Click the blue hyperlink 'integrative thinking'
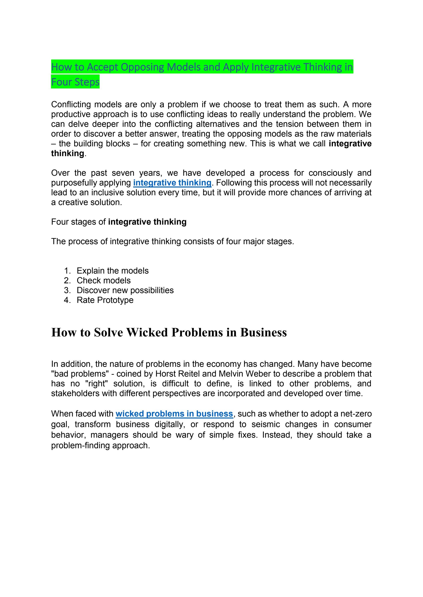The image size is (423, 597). pos(172,183)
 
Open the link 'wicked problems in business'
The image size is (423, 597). pos(174,414)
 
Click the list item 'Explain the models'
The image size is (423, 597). pos(113,271)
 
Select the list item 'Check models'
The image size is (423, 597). pos(103,281)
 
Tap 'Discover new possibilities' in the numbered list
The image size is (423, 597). pos(125,290)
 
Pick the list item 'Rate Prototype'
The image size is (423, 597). pos(105,300)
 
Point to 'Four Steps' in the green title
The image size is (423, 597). pos(75,82)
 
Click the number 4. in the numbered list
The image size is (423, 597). pos(67,300)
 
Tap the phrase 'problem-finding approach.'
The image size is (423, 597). pos(101,445)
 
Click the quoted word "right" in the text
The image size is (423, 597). pos(96,384)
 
